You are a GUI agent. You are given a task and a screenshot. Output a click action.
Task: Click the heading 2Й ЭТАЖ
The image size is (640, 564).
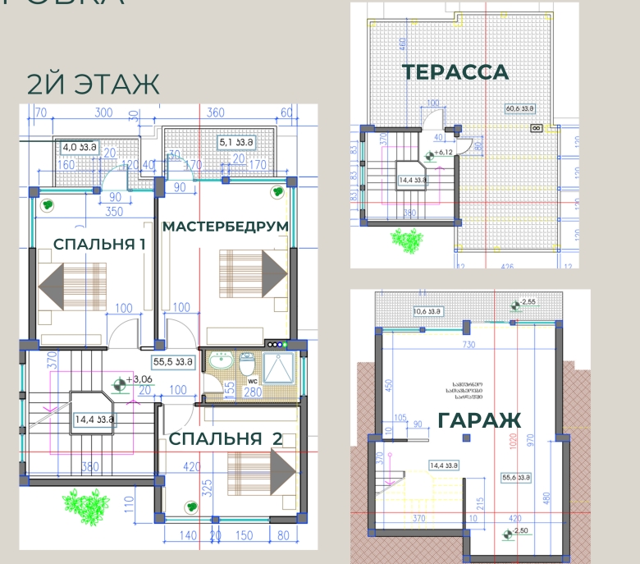[93, 85]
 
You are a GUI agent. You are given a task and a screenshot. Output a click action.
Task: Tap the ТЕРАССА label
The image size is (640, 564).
[455, 72]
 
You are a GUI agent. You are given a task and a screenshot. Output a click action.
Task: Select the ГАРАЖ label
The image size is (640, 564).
[479, 421]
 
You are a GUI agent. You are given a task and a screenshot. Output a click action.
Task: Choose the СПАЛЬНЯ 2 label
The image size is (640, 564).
[226, 439]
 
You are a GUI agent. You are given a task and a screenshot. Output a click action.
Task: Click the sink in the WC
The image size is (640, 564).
[220, 362]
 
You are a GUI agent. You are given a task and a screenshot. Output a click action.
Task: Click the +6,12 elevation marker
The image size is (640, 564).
[429, 154]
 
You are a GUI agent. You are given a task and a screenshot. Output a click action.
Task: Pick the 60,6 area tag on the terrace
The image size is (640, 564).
[520, 108]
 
